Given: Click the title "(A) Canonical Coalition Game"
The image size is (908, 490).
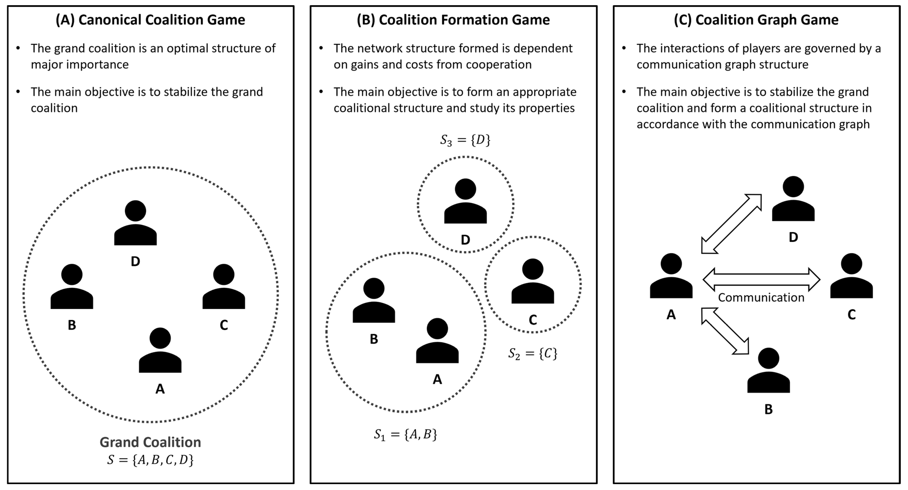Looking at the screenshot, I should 151,20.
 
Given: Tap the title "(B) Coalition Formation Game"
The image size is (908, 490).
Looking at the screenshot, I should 453,20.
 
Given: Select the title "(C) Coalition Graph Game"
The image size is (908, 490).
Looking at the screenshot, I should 756,20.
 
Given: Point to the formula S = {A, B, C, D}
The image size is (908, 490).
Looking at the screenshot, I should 151,460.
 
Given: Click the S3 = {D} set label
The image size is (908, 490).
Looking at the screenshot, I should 465,140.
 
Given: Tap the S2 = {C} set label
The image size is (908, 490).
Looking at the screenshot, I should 533,353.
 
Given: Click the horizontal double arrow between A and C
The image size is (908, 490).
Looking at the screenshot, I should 761,279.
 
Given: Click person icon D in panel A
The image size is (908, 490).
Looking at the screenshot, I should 135,223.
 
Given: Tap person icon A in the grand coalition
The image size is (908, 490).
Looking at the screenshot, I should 160,351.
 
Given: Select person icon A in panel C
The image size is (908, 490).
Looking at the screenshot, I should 671,276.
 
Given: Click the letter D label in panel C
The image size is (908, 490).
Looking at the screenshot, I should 793,237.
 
